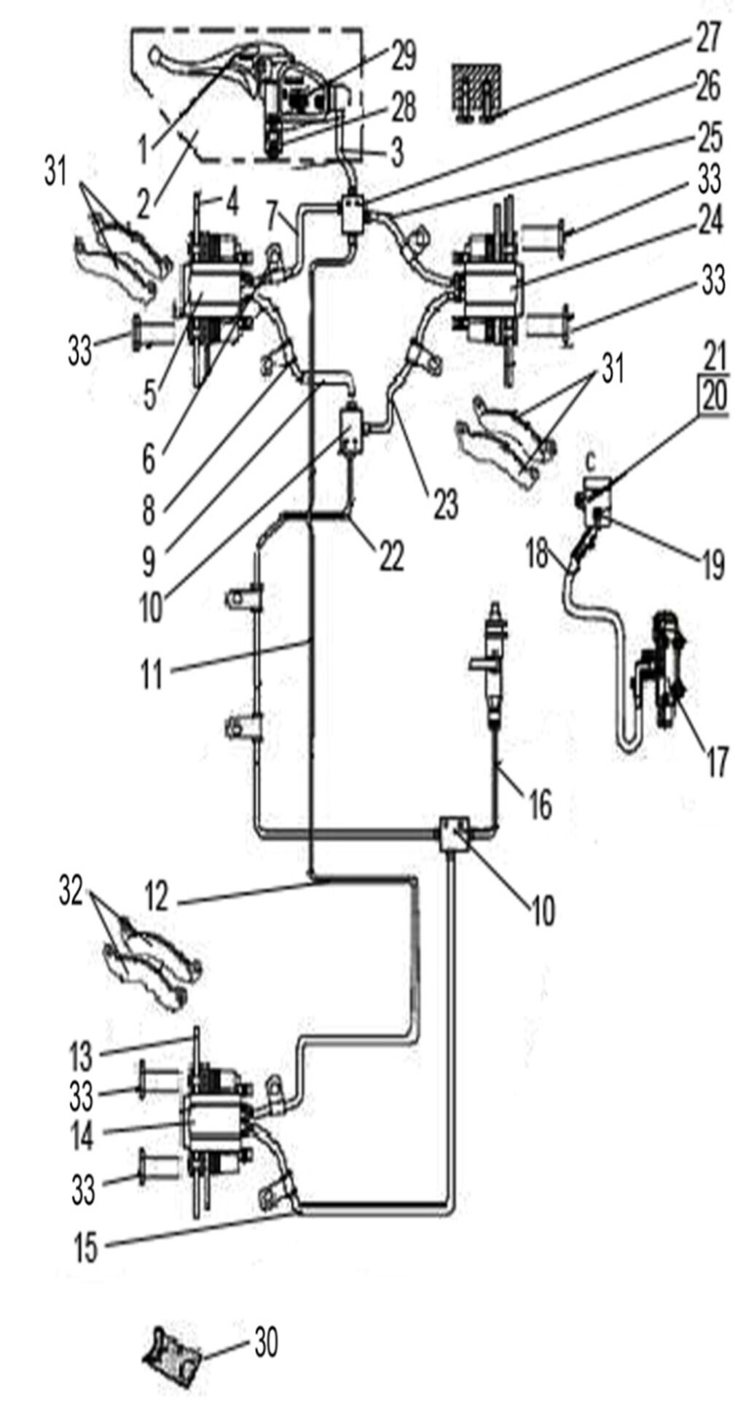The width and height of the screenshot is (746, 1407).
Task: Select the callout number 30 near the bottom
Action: coord(265,1341)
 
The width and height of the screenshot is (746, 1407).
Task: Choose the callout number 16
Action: coord(540,805)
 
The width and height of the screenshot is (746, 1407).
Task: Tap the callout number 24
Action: coord(708,220)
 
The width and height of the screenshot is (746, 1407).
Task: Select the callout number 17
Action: coord(716,762)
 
